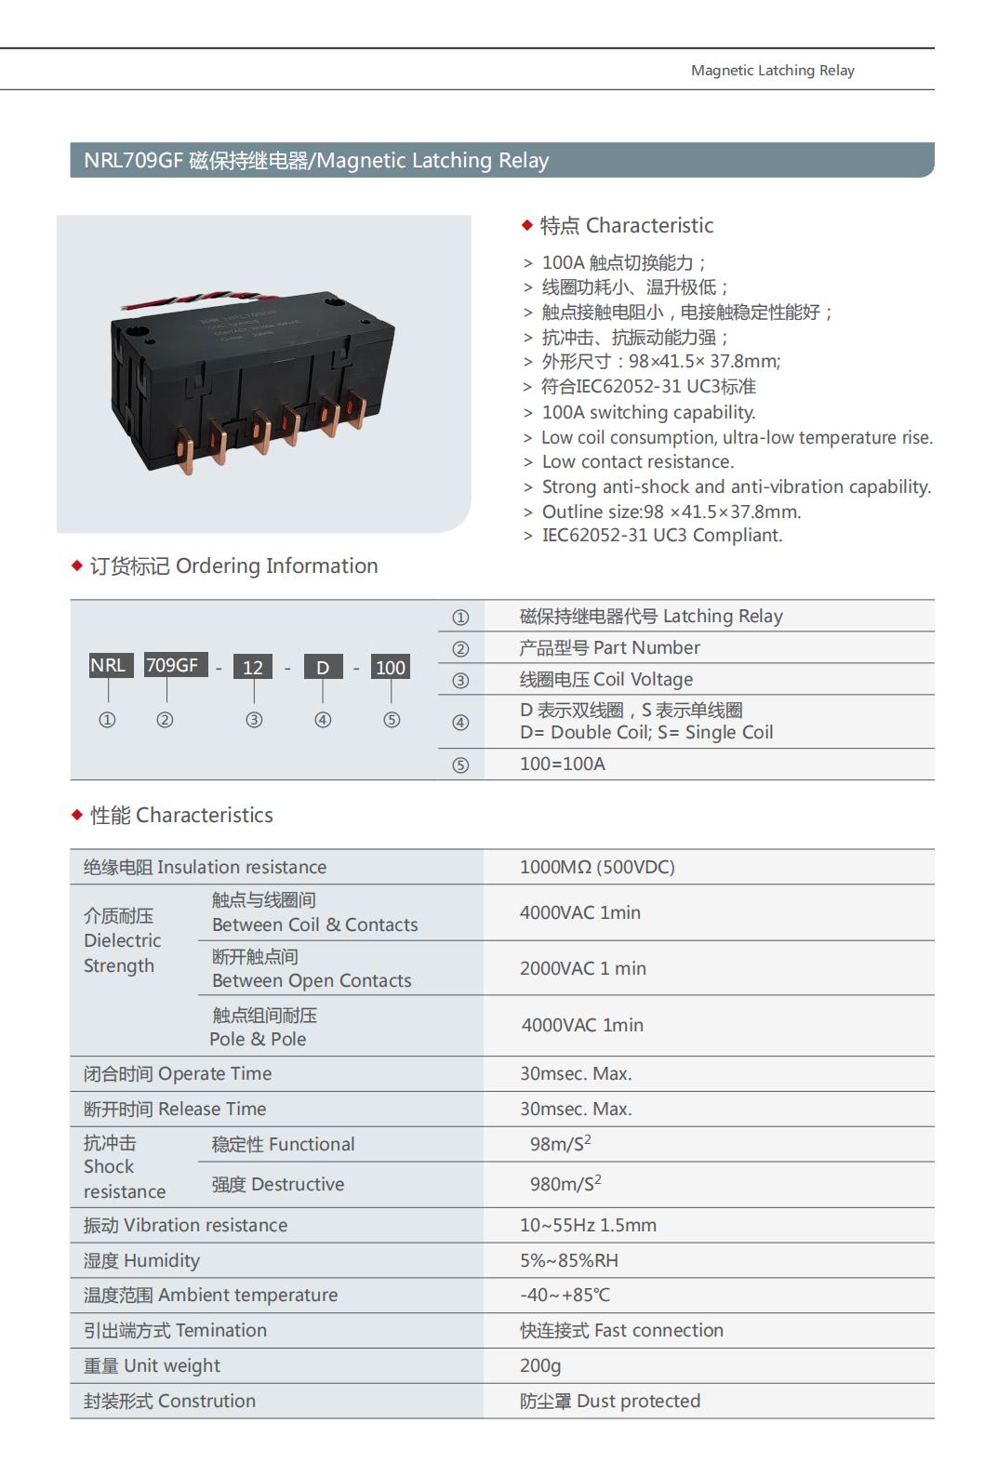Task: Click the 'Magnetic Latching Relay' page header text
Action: point(772,71)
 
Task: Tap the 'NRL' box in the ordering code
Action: point(108,666)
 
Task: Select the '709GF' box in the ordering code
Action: point(173,666)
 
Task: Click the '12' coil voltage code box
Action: point(253,668)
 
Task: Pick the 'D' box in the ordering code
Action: point(323,668)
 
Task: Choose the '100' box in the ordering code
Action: point(391,668)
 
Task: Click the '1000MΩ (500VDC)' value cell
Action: point(597,867)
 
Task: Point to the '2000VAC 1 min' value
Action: point(582,968)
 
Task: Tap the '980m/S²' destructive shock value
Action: point(565,1184)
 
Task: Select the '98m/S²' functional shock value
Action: point(561,1144)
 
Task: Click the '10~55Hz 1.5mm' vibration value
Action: point(588,1225)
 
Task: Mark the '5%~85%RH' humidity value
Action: point(568,1260)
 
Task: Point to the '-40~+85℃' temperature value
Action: point(565,1295)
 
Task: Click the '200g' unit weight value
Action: point(540,1365)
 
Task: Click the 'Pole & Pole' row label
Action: point(258,1039)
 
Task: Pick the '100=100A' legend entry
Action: point(562,764)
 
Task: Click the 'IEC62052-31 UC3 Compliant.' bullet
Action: point(661,536)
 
